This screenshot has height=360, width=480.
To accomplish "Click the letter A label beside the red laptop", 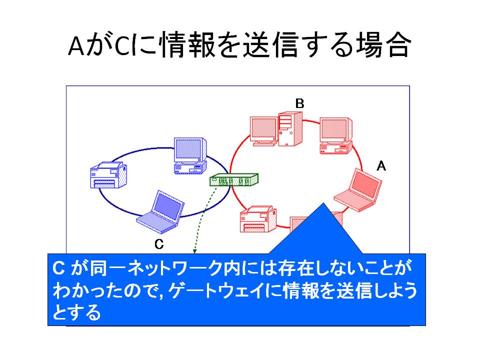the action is (381, 166).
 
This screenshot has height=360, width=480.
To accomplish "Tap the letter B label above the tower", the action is (299, 104).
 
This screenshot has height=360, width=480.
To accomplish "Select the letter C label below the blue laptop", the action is (159, 244).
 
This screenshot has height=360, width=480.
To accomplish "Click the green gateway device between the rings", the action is (234, 179).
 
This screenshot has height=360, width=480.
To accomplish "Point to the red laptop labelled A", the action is (358, 190).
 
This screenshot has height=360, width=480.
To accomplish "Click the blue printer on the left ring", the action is (108, 175).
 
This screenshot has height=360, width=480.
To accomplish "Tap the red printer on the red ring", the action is (258, 219).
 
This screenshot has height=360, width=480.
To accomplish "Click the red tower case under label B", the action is (290, 129).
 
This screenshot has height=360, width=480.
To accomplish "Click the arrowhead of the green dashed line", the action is (194, 251).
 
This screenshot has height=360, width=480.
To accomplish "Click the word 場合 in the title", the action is (382, 45).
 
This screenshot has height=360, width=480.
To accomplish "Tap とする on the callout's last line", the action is (76, 312).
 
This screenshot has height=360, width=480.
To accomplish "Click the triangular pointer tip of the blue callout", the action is (323, 203).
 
